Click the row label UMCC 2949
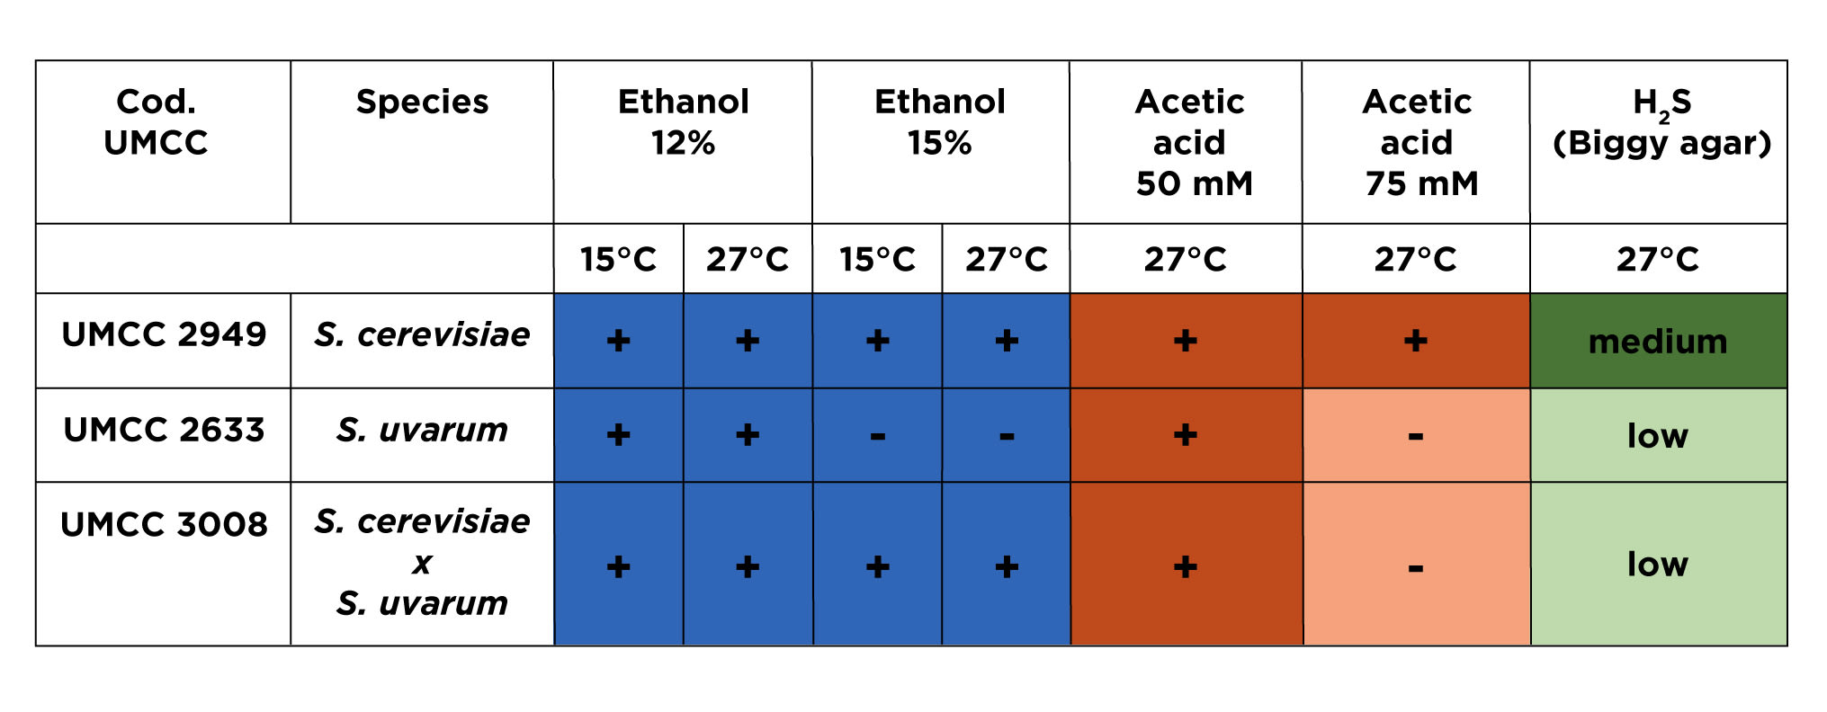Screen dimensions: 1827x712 (x=164, y=334)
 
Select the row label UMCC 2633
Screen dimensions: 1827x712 (x=164, y=430)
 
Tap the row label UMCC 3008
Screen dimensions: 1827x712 (x=164, y=524)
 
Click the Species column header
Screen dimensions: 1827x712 (x=422, y=102)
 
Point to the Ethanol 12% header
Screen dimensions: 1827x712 (x=684, y=122)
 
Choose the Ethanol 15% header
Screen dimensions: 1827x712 (x=940, y=122)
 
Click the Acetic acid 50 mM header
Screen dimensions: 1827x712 (x=1190, y=142)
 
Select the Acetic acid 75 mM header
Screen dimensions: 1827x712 (x=1418, y=142)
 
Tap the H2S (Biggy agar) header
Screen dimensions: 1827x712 (x=1661, y=123)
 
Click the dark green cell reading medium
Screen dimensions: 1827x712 (x=1658, y=342)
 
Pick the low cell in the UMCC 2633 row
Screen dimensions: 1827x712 (x=1658, y=435)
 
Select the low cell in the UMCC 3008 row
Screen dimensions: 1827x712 (x=1658, y=564)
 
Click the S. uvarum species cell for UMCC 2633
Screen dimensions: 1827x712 (x=422, y=431)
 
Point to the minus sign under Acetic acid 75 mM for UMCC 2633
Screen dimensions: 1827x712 (x=1416, y=437)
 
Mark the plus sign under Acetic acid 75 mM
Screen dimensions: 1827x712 (x=1416, y=340)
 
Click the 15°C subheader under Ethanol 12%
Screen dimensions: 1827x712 (x=618, y=259)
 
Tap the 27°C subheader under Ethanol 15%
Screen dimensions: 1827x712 (x=1007, y=259)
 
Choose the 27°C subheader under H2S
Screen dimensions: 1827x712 (x=1658, y=259)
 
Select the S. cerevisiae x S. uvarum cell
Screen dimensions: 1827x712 (x=422, y=562)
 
